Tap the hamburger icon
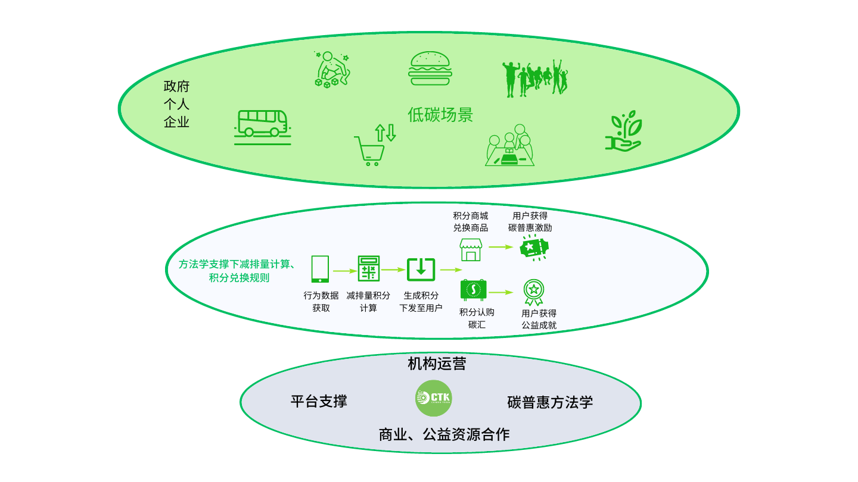[x=430, y=68]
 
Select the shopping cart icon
[x=374, y=145]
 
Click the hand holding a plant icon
[x=624, y=131]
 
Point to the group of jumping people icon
[x=535, y=78]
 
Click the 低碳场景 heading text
[x=440, y=115]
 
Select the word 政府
[x=176, y=86]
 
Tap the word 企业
[x=176, y=122]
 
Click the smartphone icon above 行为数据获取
[x=320, y=269]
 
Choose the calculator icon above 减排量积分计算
[x=368, y=268]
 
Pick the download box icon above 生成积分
[x=421, y=270]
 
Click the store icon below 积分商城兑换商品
[x=471, y=250]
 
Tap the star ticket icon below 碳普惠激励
[x=534, y=248]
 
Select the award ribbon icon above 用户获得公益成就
[x=534, y=292]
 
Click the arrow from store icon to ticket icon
[x=501, y=247]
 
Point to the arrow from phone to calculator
[x=345, y=271]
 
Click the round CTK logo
[x=434, y=398]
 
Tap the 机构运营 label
[x=437, y=364]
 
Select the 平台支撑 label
[x=319, y=401]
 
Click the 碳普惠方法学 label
[x=550, y=402]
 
